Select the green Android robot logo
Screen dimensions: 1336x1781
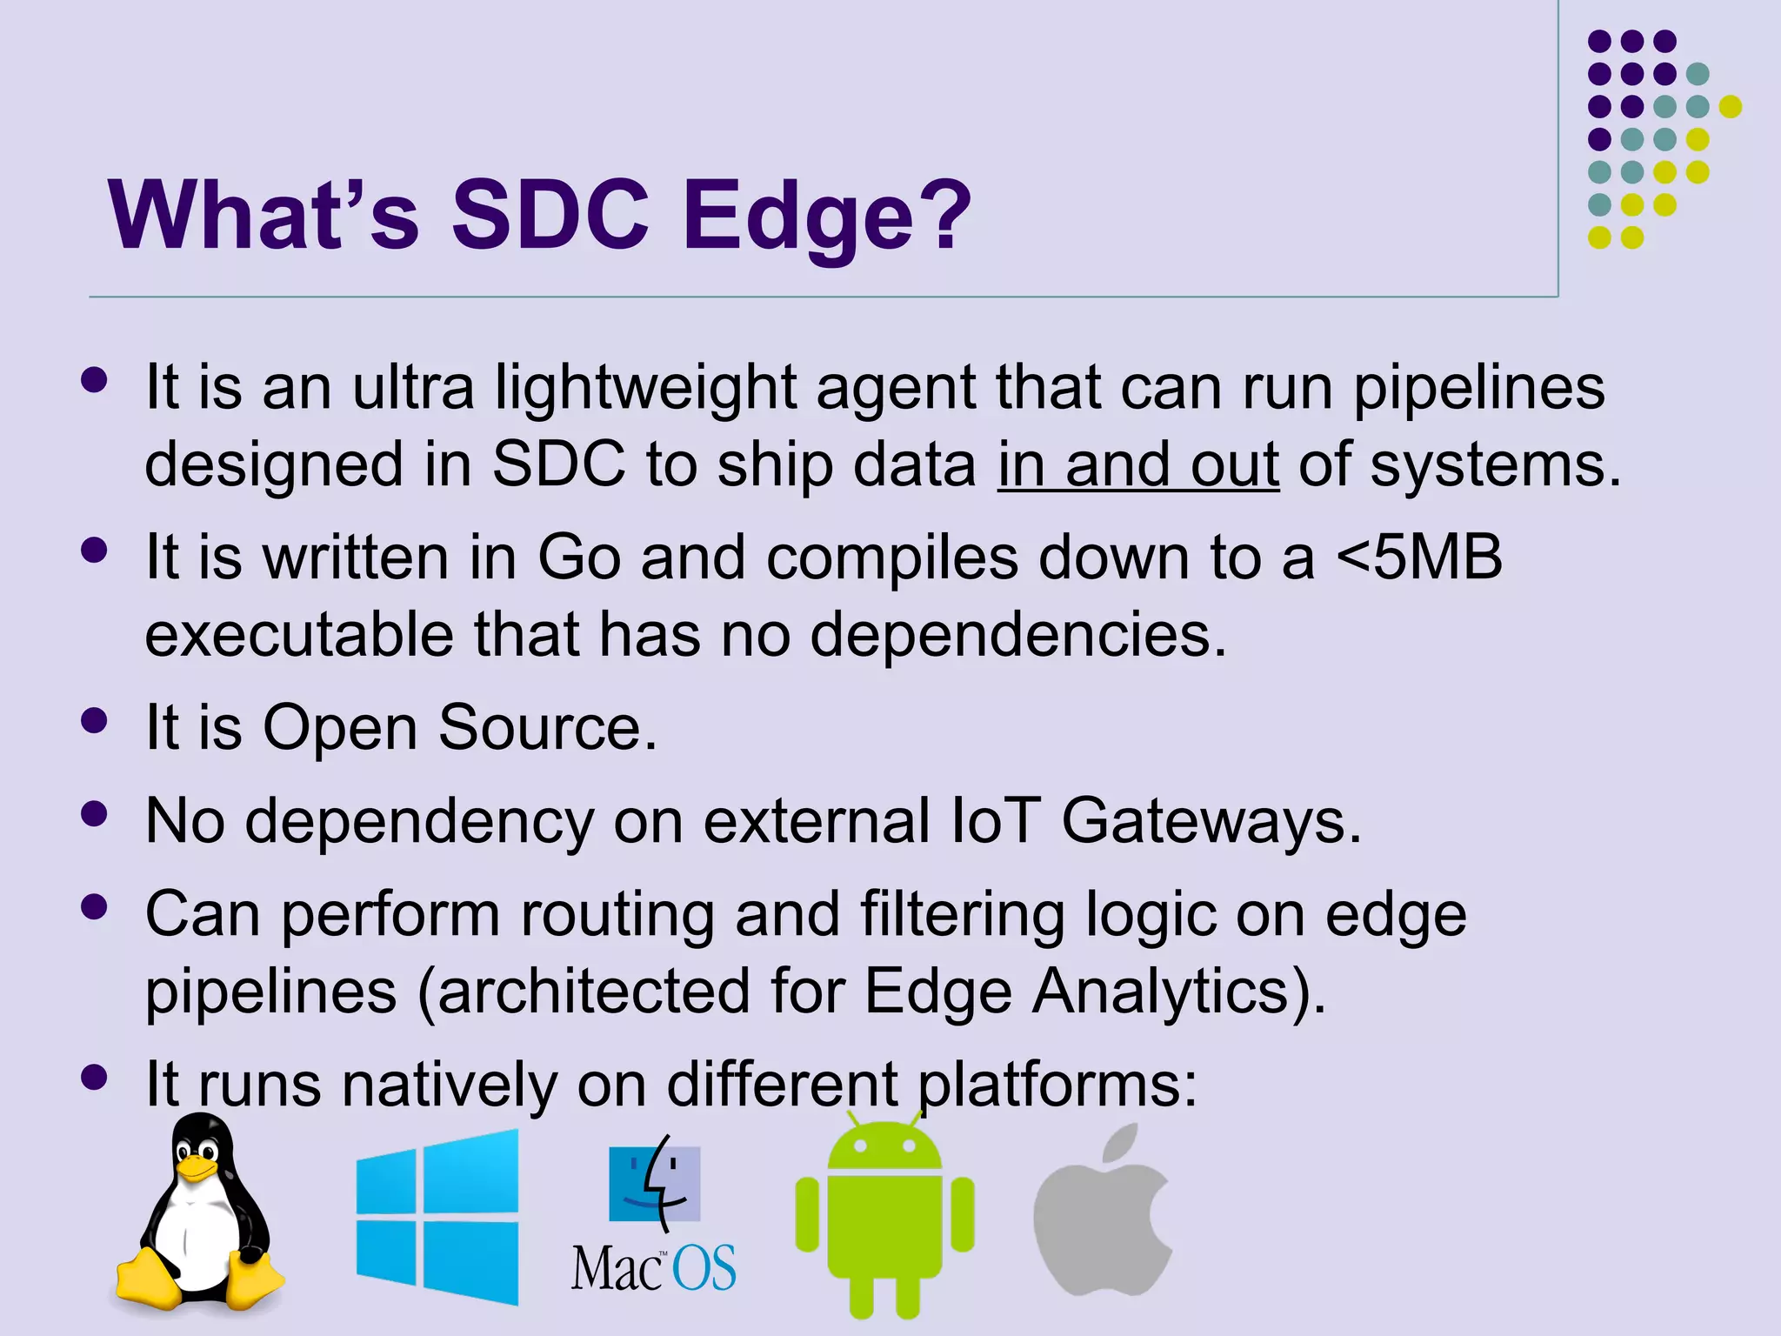[x=884, y=1218]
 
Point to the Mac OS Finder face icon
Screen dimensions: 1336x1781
[x=654, y=1183]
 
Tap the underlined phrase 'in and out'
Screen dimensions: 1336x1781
[x=1137, y=464]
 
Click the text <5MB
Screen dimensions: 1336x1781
[x=1419, y=557]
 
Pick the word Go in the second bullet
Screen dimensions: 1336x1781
[x=579, y=557]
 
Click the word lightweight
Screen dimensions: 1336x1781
[x=646, y=388]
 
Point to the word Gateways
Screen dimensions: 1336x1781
[x=1211, y=822]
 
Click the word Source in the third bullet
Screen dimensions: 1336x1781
[x=547, y=727]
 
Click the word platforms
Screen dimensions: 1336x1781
[x=1057, y=1085]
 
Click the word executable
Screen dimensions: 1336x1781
[x=298, y=634]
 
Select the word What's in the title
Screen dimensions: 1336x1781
[x=263, y=216]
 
